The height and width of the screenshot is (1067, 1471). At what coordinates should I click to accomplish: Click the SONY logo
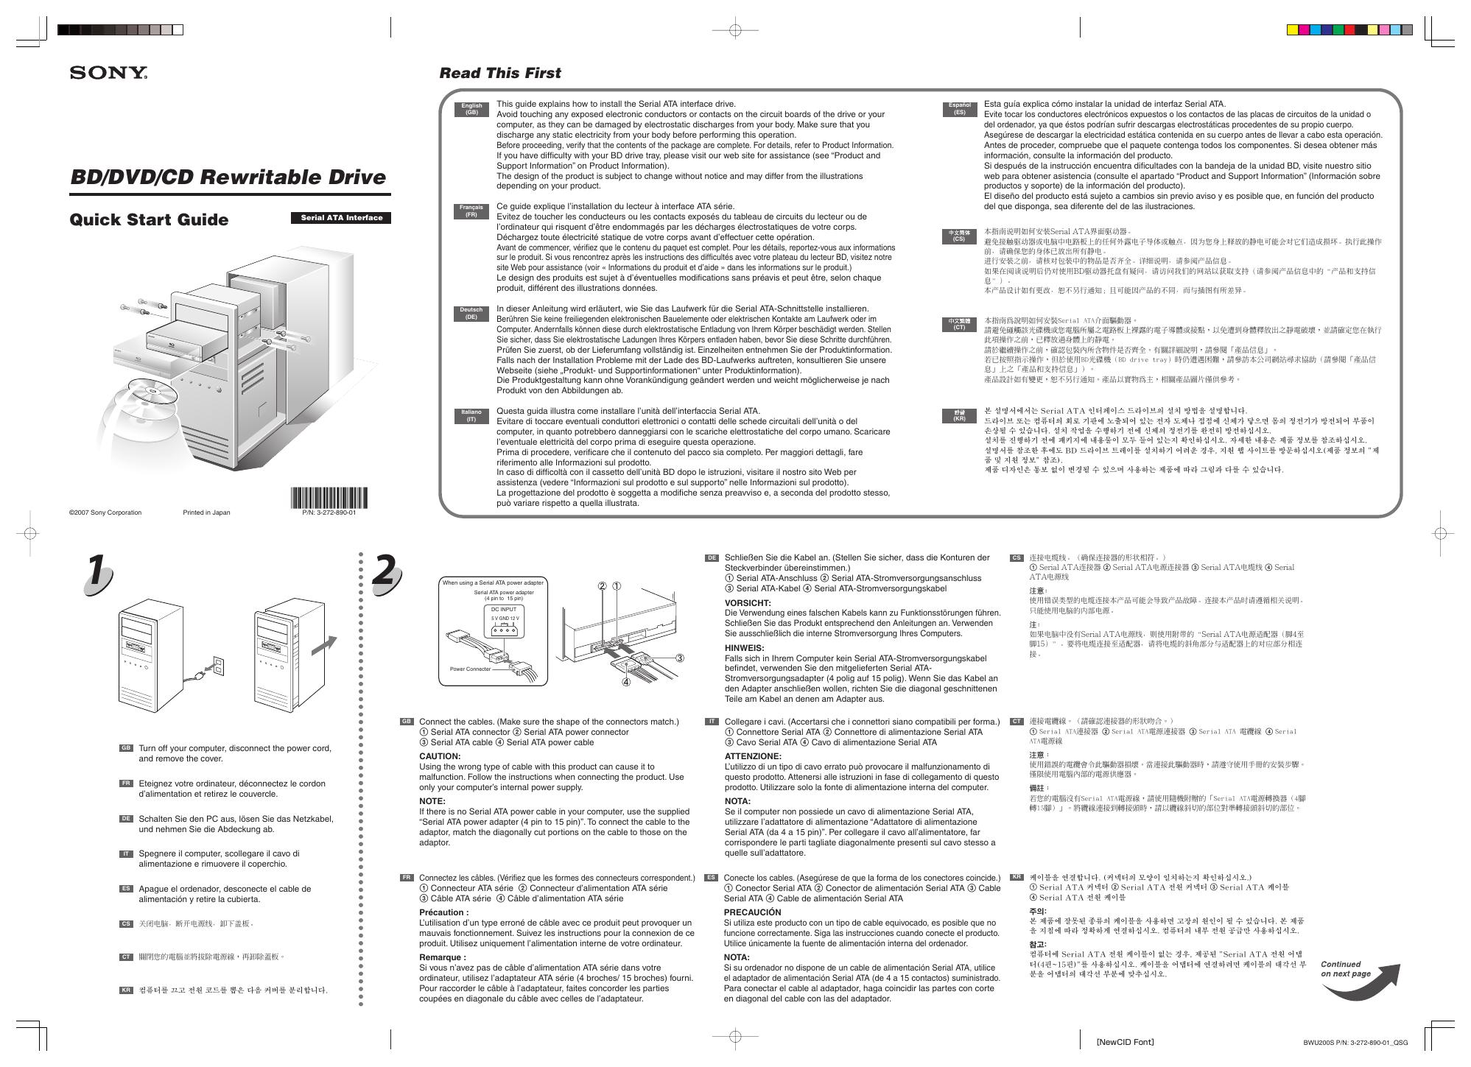pyautogui.click(x=108, y=72)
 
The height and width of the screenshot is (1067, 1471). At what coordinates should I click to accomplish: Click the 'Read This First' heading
pyautogui.click(x=499, y=73)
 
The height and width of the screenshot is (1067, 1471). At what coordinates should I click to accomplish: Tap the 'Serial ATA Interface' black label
pyautogui.click(x=341, y=217)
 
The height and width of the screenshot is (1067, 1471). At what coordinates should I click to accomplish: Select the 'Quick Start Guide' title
pyautogui.click(x=149, y=219)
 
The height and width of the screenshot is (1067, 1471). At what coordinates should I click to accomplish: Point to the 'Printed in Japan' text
pyautogui.click(x=206, y=513)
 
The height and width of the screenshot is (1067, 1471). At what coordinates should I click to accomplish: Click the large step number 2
pyautogui.click(x=385, y=572)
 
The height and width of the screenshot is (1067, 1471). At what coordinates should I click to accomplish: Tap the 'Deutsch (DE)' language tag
pyautogui.click(x=471, y=313)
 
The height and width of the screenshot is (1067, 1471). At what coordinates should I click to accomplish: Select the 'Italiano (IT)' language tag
pyautogui.click(x=471, y=415)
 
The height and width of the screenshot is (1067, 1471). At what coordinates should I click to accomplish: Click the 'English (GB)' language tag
pyautogui.click(x=471, y=109)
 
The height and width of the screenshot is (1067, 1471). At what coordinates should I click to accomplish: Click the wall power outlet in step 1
pyautogui.click(x=218, y=666)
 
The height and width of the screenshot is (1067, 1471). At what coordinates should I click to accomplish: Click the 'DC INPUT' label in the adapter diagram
pyautogui.click(x=504, y=609)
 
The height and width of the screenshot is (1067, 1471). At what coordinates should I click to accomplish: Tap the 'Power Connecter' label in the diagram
pyautogui.click(x=470, y=669)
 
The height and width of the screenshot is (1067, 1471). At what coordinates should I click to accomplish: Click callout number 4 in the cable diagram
pyautogui.click(x=626, y=682)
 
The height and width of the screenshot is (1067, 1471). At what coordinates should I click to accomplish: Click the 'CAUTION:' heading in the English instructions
pyautogui.click(x=440, y=756)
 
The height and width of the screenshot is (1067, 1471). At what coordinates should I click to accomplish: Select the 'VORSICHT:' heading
pyautogui.click(x=748, y=602)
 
